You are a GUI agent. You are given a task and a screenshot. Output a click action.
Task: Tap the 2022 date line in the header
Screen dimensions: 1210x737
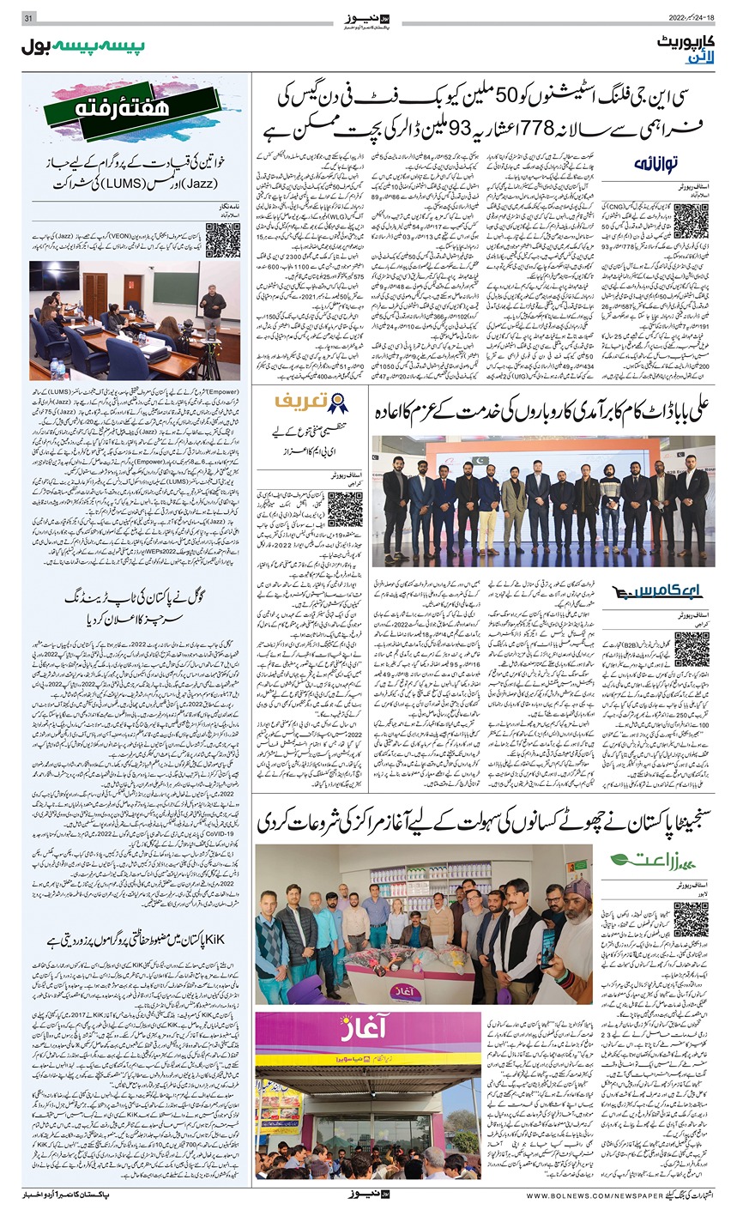click(694, 19)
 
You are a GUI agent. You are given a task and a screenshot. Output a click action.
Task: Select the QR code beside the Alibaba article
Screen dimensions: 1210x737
click(691, 650)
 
